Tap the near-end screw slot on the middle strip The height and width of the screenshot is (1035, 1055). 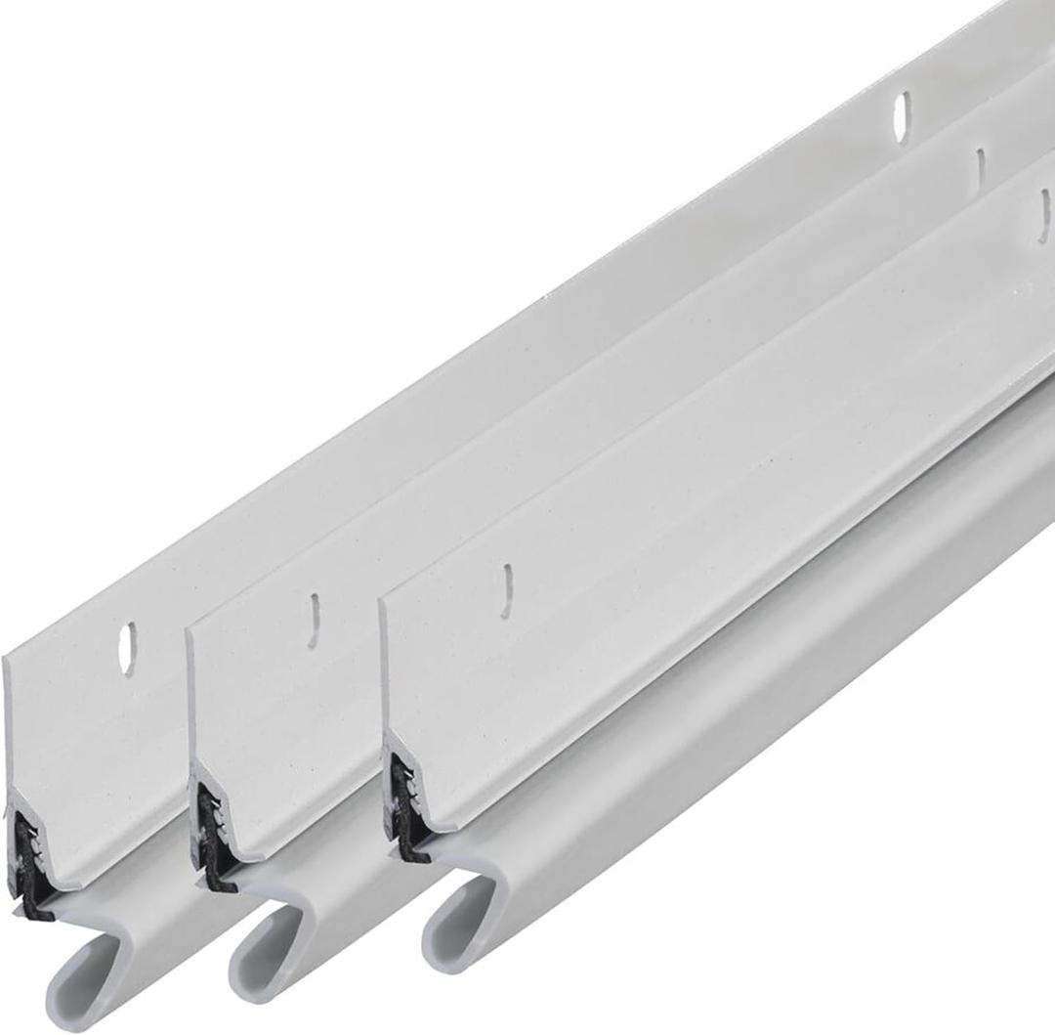pos(314,621)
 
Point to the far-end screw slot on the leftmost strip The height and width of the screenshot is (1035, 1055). pos(902,117)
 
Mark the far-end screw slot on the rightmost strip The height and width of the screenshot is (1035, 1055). pos(1043,215)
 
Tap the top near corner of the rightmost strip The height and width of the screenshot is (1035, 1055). pos(382,599)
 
